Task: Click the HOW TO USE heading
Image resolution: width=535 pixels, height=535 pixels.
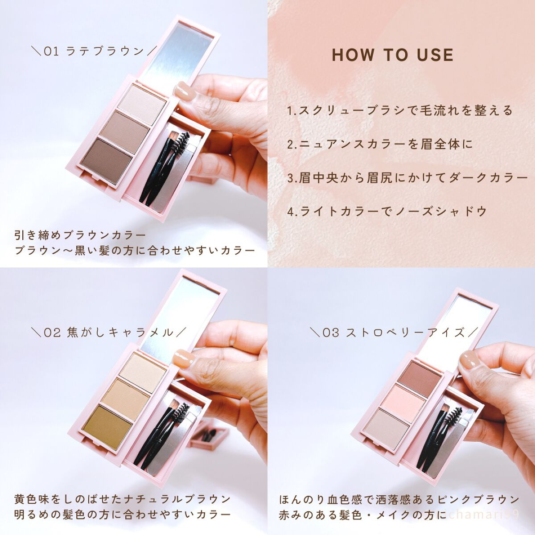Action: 393,55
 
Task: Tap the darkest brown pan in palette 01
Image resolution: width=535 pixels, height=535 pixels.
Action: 107,160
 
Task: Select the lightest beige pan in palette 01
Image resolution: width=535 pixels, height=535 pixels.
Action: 142,104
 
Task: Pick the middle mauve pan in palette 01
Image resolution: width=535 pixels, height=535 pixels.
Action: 125,132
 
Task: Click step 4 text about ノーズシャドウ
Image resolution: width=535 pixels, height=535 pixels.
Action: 387,212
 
